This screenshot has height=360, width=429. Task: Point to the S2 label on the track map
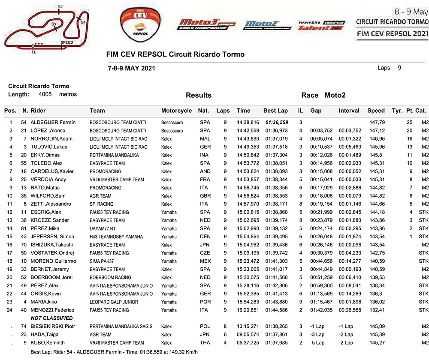coord(60,7)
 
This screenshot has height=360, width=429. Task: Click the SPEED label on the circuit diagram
coord(66,42)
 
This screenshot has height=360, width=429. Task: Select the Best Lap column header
coord(275,111)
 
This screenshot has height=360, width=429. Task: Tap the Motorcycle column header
coord(176,111)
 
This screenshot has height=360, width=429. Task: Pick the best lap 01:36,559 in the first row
coord(276,123)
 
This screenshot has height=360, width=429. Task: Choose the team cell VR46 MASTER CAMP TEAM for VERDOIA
coord(117,180)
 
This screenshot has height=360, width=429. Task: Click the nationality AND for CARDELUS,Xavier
coord(205,171)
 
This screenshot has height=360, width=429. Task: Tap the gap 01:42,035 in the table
coord(320,310)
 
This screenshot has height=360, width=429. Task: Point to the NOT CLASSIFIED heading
coord(51,318)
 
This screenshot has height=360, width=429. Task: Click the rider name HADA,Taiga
coord(45,334)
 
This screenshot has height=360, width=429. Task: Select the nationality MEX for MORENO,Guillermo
coord(205,261)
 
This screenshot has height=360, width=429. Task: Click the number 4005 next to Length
coord(45,94)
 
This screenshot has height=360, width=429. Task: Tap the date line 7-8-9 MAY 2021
coord(132,68)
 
